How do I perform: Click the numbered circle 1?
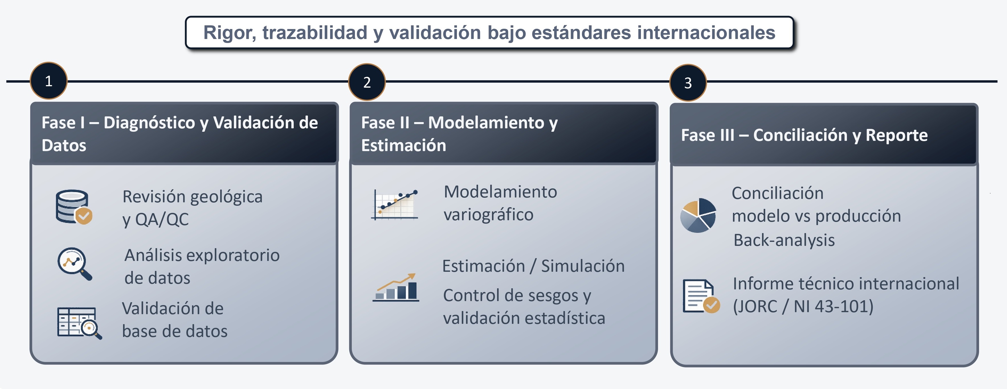48,81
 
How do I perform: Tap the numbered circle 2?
367,82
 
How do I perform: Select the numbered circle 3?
688,83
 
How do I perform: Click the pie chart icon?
698,215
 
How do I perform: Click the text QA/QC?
162,219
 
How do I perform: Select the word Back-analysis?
784,240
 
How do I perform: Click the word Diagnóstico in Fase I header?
149,123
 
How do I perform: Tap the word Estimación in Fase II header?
403,145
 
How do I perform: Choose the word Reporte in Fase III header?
896,135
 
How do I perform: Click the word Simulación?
583,266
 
